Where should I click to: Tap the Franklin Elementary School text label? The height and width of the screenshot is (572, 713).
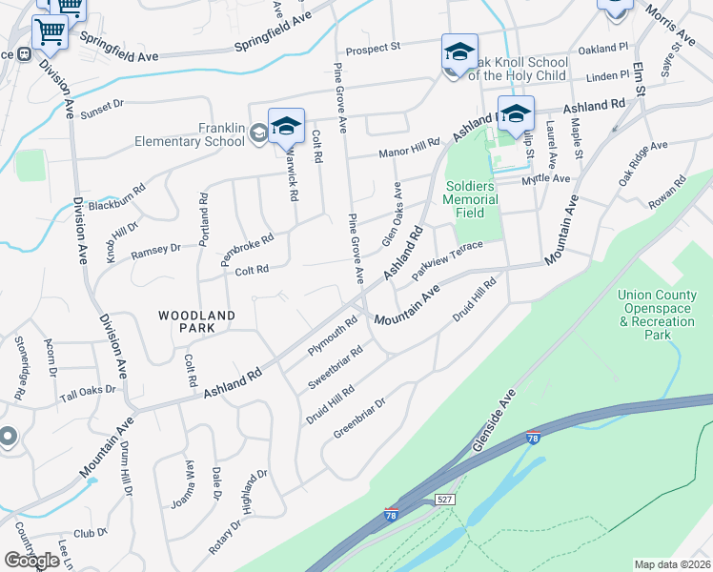(209, 135)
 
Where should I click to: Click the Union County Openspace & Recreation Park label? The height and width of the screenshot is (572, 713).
(658, 316)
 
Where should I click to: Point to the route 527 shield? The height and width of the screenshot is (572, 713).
(447, 500)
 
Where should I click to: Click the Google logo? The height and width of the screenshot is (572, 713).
(31, 561)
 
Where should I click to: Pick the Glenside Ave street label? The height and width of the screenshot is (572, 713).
(495, 420)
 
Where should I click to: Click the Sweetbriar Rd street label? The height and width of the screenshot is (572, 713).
(336, 367)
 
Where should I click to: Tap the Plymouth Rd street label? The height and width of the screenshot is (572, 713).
(332, 336)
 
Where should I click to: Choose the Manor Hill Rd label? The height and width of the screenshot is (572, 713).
(409, 148)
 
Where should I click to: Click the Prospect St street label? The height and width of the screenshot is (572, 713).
(374, 49)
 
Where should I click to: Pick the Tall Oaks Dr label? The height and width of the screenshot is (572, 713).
(88, 391)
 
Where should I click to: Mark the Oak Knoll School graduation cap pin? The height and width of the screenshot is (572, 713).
(459, 52)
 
